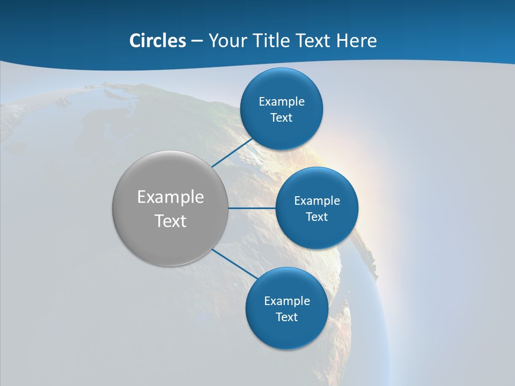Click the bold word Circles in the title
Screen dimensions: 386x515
point(158,41)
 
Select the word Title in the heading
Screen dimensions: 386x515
point(271,41)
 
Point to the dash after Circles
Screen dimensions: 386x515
point(197,41)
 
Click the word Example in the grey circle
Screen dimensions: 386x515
point(171,197)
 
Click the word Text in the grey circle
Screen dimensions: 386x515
point(171,221)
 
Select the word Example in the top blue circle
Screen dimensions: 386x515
point(282,101)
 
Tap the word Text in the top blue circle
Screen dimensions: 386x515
point(282,118)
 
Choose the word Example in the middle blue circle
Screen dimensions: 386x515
point(317,201)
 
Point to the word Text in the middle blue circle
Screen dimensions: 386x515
point(317,217)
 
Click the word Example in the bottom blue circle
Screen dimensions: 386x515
point(287,301)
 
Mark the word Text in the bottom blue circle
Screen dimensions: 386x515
point(287,317)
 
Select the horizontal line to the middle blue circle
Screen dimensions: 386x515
point(252,208)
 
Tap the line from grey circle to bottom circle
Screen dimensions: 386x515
point(235,264)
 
